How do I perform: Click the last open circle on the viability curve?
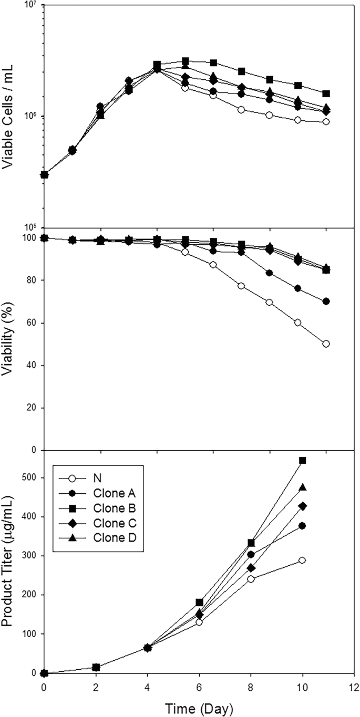pos(326,344)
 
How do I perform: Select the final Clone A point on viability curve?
pos(326,302)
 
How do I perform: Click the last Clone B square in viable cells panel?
pos(326,93)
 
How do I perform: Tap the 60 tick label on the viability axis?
pos(34,323)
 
